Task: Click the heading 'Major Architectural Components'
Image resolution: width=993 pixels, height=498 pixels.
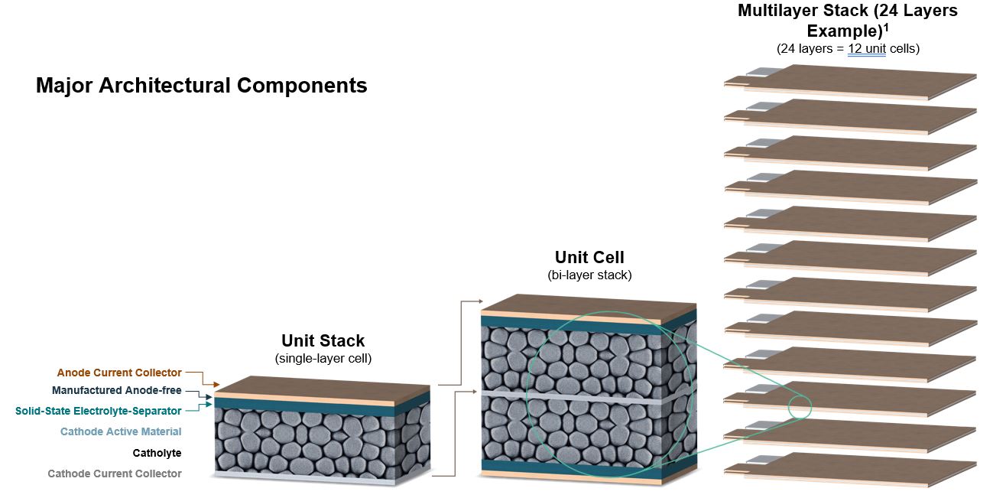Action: tap(201, 85)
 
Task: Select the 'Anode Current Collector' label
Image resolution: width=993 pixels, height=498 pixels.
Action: tap(119, 373)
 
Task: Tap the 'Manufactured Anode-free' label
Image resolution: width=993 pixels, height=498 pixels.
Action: tap(117, 391)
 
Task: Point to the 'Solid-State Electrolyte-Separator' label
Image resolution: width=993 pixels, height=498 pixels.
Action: tap(99, 411)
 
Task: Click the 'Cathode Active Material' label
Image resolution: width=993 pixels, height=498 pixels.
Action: tap(121, 431)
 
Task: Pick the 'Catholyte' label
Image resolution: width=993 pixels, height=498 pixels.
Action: tap(157, 453)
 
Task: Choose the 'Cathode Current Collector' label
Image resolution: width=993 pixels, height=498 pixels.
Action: tap(115, 474)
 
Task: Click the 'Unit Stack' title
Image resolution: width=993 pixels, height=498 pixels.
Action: tap(323, 340)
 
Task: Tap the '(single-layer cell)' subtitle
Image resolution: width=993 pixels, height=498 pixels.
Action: tap(323, 358)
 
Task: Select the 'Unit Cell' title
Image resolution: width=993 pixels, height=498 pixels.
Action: tap(589, 257)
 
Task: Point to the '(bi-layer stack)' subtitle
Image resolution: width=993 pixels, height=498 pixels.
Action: tap(589, 274)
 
